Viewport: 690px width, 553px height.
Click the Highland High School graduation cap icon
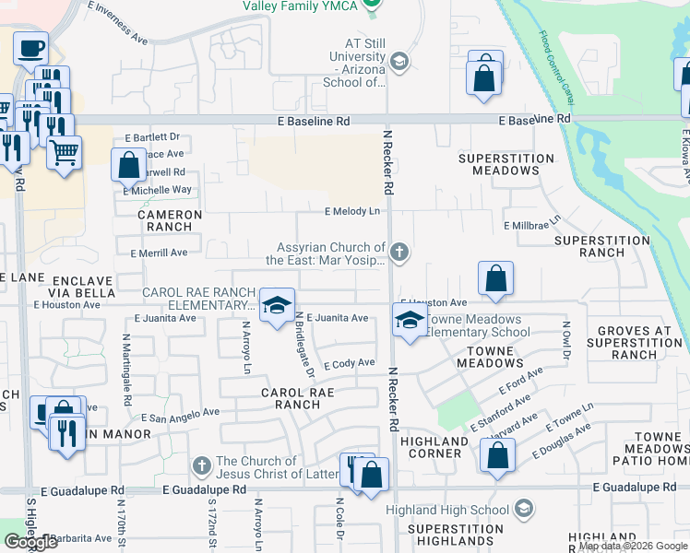click(524, 509)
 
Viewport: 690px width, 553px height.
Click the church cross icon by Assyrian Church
click(399, 252)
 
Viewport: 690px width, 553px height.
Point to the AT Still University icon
click(399, 63)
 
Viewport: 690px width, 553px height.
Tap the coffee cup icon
click(30, 46)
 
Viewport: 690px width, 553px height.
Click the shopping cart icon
click(64, 152)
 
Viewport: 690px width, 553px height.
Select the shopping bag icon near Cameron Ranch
click(129, 166)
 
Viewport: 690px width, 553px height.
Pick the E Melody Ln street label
click(352, 212)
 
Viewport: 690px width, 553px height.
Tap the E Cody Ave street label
click(349, 364)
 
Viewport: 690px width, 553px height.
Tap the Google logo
click(30, 542)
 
